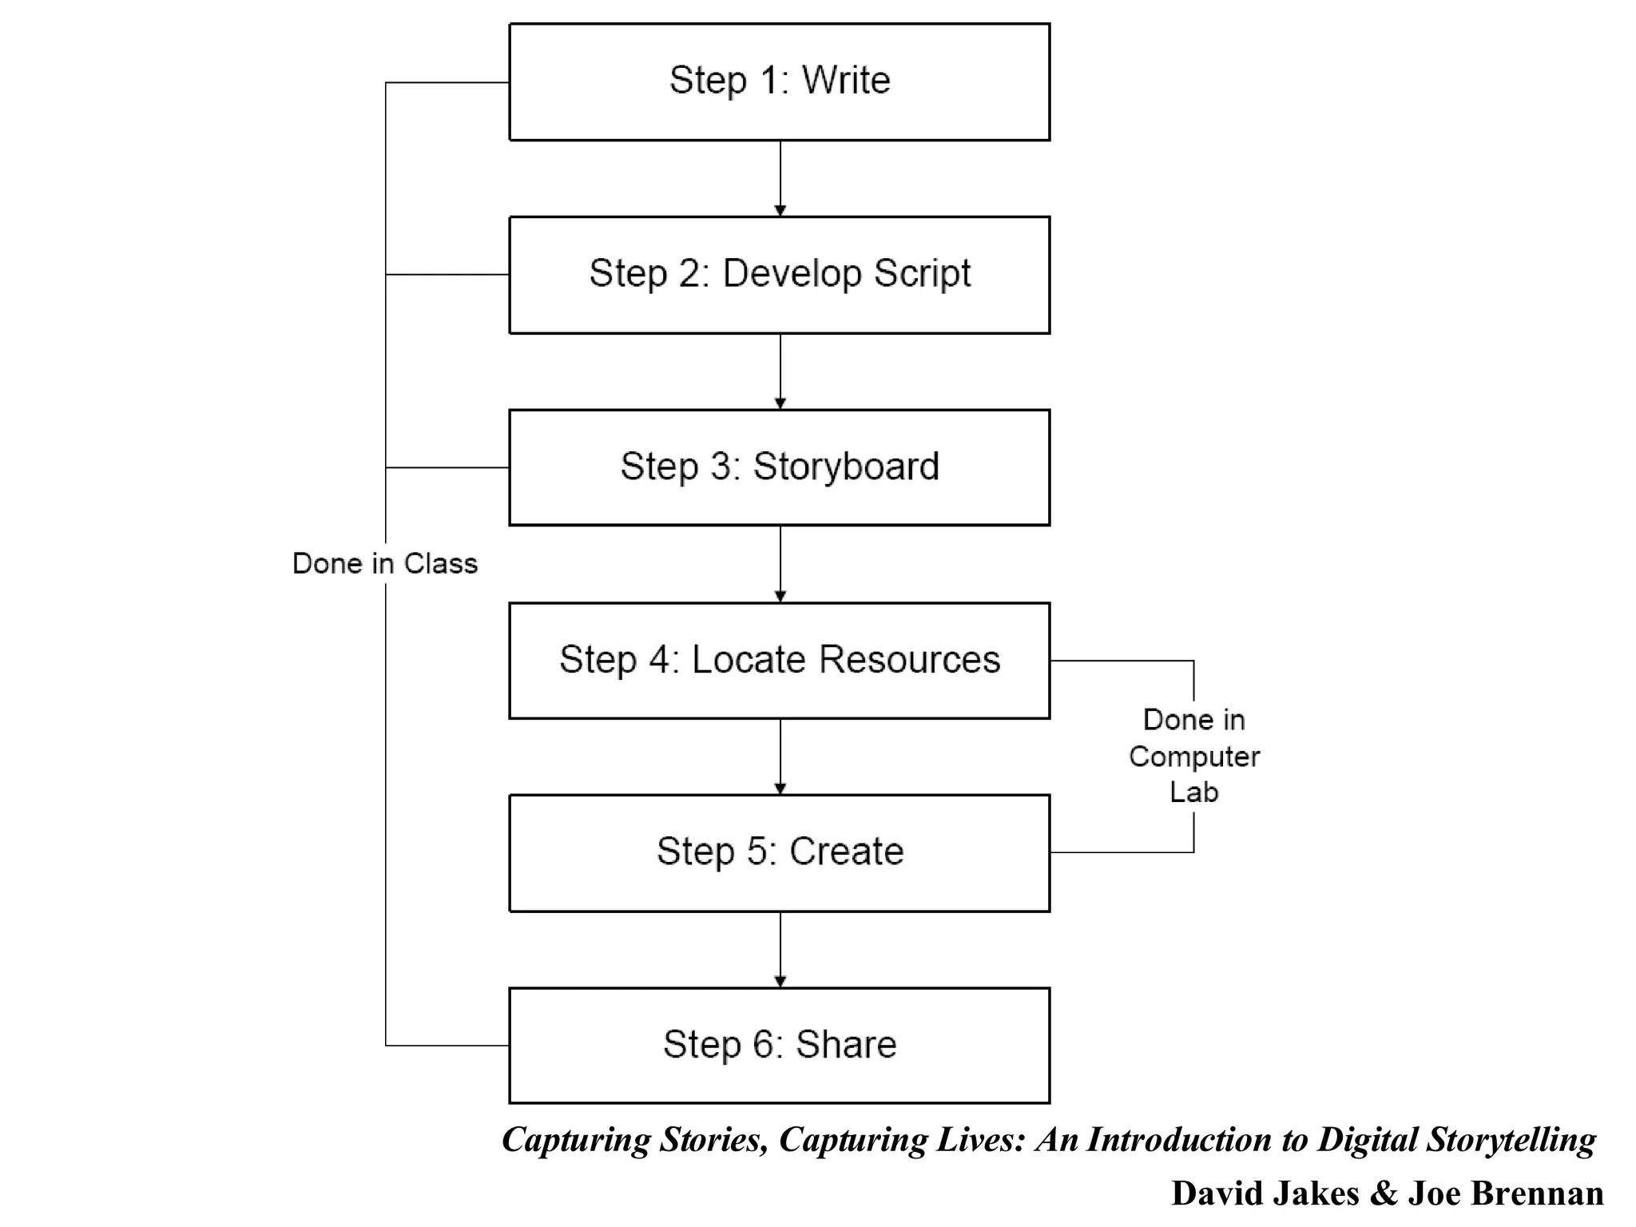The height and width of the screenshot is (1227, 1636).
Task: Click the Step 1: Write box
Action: click(779, 82)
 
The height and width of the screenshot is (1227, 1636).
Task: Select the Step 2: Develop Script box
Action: click(779, 275)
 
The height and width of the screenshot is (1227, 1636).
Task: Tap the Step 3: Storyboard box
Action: click(779, 467)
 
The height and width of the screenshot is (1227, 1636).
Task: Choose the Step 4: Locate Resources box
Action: click(779, 661)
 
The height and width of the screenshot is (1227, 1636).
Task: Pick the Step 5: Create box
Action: click(779, 852)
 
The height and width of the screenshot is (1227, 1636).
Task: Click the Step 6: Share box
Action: click(779, 1045)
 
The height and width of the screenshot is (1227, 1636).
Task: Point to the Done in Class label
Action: click(385, 563)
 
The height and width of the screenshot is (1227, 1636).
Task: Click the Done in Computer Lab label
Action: click(1193, 756)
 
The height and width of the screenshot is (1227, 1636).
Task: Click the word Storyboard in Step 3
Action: click(846, 467)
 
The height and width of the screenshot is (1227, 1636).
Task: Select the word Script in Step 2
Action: click(922, 274)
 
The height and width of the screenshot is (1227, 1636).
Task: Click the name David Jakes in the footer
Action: click(1265, 1193)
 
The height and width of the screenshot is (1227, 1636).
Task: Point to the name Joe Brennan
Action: click(1505, 1193)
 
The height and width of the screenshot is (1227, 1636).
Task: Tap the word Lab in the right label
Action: click(1193, 792)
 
